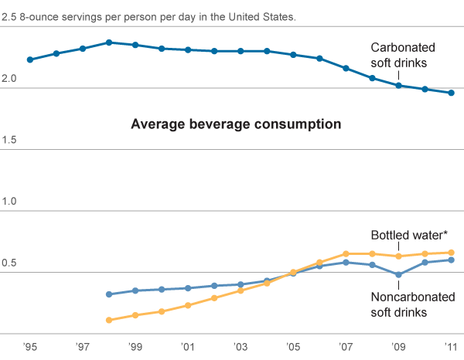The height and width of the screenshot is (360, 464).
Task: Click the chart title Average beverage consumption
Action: pyautogui.click(x=236, y=124)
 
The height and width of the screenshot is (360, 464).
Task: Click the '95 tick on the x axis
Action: pyautogui.click(x=29, y=347)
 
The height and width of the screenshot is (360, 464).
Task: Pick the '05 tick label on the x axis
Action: pyautogui.click(x=292, y=347)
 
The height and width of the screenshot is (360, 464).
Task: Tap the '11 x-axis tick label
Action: pyautogui.click(x=450, y=347)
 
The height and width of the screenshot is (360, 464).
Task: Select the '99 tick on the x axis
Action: pyautogui.click(x=135, y=347)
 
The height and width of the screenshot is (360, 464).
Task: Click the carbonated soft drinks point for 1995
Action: pyautogui.click(x=29, y=59)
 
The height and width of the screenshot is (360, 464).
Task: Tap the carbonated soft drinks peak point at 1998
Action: pyautogui.click(x=108, y=42)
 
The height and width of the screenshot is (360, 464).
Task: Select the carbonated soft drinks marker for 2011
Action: pyautogui.click(x=450, y=93)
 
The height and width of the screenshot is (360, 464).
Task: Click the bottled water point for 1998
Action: pyautogui.click(x=108, y=320)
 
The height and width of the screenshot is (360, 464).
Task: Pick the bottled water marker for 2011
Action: pyautogui.click(x=450, y=253)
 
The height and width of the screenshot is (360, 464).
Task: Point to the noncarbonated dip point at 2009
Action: pyautogui.click(x=397, y=274)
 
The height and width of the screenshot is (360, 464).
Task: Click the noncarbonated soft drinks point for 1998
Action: pyautogui.click(x=108, y=294)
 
